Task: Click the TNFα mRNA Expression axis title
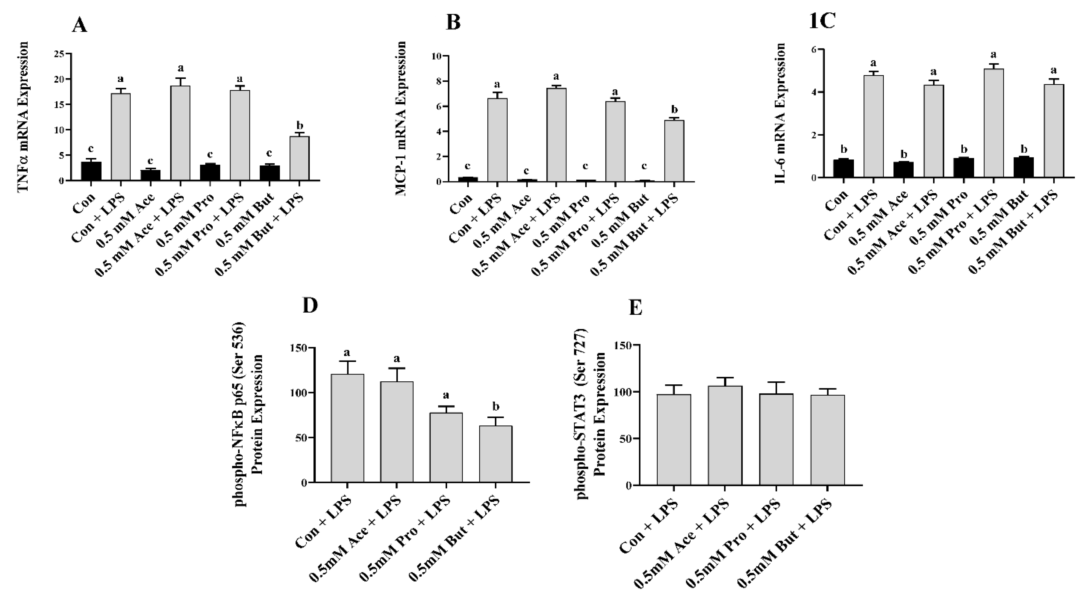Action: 24,117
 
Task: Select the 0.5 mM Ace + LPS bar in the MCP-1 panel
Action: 556,135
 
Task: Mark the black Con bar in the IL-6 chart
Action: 844,168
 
